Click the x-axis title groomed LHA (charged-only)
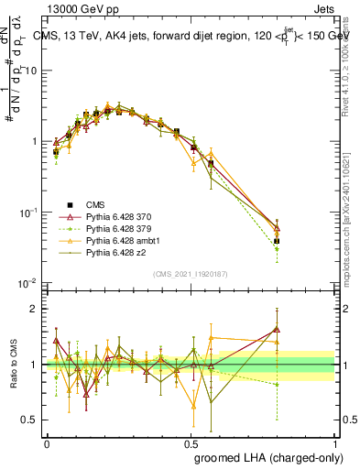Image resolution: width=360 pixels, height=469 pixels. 274,457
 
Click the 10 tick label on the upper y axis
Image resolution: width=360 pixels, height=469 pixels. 33,71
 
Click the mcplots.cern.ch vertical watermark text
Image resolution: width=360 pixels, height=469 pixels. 352,220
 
